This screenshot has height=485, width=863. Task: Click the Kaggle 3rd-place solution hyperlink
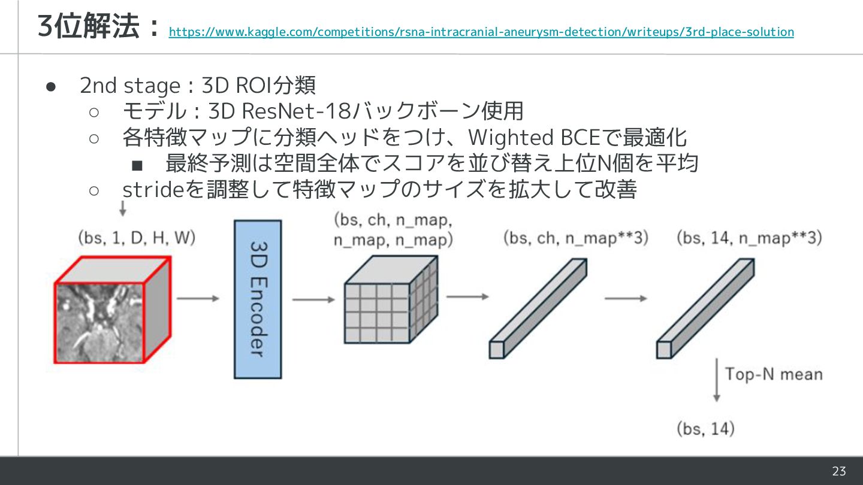coord(481,32)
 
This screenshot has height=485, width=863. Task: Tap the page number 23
coord(838,471)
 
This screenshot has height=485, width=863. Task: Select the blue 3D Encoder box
coord(257,299)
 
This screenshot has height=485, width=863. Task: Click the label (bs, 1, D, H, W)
coord(137,238)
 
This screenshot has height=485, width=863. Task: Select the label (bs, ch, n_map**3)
coord(576,238)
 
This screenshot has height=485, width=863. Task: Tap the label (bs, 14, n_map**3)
coord(749,238)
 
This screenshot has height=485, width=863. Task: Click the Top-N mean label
coord(774,375)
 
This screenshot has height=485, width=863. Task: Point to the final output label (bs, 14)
coord(705,429)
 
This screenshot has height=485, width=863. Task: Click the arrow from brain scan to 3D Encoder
coord(198,298)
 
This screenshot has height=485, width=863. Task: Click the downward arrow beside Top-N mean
coord(716,380)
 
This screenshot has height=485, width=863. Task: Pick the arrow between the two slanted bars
coord(626,298)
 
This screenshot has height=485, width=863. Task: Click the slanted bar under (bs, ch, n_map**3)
coord(538,309)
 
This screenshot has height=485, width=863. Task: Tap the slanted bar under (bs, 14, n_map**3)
coord(705,309)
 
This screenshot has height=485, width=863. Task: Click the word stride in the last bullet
coord(152,190)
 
